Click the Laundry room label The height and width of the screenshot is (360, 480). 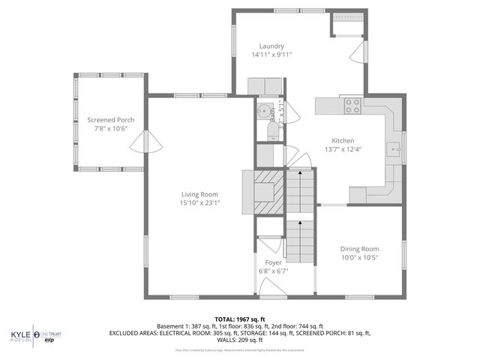point(271,45)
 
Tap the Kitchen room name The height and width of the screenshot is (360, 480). point(343,139)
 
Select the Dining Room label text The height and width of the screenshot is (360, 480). point(360,249)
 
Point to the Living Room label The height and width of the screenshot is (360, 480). point(199,194)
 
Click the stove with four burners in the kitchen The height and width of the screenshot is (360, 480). point(352,106)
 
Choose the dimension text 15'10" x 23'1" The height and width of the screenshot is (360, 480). point(199,203)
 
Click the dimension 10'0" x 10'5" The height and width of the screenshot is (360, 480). point(360,258)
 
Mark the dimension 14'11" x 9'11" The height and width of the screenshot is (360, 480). point(271,54)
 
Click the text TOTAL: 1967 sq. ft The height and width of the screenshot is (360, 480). point(239,318)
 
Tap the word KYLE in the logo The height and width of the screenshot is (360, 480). point(20,334)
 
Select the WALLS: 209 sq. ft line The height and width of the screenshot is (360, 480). point(239,339)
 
